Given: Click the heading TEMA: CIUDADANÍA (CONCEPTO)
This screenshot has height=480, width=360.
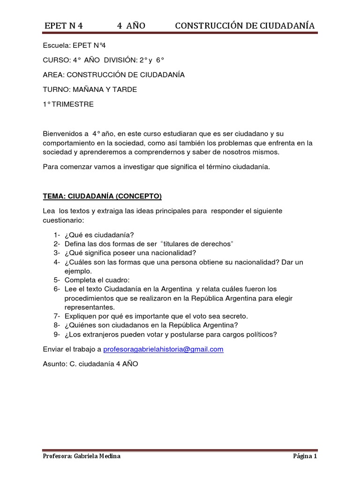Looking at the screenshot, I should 102,196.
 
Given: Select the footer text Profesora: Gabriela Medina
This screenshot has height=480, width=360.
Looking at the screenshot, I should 81,457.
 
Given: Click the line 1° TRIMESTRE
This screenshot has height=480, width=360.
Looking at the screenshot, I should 68,104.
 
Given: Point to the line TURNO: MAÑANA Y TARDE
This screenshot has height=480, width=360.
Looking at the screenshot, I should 90,90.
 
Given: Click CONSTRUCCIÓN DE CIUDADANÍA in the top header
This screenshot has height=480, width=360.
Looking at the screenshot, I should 245,26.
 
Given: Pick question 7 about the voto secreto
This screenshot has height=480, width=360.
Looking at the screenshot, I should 156,316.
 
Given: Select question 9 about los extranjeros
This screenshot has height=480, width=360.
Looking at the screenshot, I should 171,334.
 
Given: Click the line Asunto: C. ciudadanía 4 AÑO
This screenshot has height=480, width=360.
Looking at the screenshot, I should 90,364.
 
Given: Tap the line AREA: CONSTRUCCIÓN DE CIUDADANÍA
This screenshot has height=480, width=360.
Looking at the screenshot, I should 113,75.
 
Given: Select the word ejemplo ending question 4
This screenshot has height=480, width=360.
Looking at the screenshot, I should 78,271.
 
